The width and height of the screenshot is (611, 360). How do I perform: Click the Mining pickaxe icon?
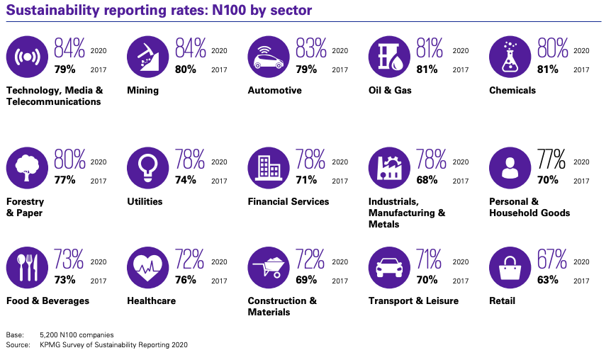click(x=147, y=57)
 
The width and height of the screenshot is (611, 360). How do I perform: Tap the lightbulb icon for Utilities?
click(x=147, y=168)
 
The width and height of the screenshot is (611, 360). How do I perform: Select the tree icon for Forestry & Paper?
click(x=27, y=168)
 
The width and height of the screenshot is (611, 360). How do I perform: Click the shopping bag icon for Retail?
click(x=510, y=268)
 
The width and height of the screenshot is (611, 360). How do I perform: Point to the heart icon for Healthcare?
click(x=147, y=268)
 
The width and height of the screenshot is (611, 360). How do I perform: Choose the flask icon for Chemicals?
click(x=510, y=57)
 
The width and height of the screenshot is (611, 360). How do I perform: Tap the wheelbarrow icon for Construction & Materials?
click(x=269, y=268)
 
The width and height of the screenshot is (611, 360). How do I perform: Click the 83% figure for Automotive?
click(x=310, y=48)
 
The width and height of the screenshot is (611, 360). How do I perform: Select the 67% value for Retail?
click(x=551, y=259)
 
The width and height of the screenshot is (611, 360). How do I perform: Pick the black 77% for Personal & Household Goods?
click(x=551, y=159)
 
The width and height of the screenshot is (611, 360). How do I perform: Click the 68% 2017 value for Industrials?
click(x=427, y=180)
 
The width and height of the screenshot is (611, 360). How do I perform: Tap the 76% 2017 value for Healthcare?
click(x=186, y=280)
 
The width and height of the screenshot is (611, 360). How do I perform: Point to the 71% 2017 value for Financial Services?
click(x=306, y=180)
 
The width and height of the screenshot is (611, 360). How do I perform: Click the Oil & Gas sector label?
click(x=390, y=91)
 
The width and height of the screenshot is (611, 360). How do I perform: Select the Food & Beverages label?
click(x=47, y=300)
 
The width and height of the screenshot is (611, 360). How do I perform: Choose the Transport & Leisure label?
click(x=413, y=300)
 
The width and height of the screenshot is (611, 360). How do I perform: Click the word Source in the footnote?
click(x=18, y=345)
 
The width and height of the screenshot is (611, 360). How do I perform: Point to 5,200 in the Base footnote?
click(x=49, y=335)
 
